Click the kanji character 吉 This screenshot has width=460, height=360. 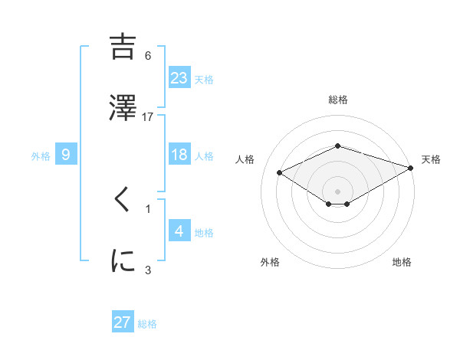point(123,47)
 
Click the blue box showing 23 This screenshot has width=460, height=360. point(179,77)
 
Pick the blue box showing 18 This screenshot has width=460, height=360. point(179,155)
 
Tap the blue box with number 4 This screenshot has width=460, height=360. point(179,231)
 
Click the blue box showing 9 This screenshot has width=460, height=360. point(66,155)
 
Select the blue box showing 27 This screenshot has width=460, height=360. point(123,322)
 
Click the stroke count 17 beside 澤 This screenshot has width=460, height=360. point(148,116)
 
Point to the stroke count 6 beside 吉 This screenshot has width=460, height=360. point(148,56)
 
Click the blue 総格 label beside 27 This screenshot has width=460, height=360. point(147,324)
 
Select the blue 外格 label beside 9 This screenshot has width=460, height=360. point(41,156)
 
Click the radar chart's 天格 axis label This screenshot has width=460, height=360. point(431,159)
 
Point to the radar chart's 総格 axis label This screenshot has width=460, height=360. point(338,100)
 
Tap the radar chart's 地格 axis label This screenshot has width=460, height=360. point(402,263)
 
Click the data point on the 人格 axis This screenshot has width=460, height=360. point(280,172)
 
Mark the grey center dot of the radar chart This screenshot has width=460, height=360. point(338,191)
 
